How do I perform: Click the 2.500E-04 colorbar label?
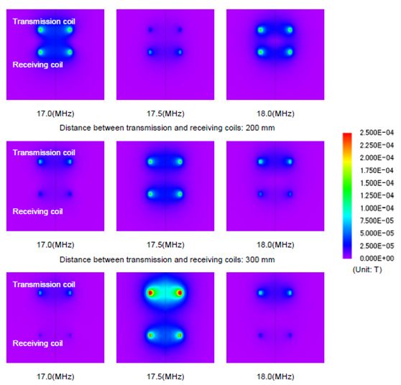coord(377,133)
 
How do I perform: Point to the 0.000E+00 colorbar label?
coord(377,259)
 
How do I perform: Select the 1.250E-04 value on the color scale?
coord(377,195)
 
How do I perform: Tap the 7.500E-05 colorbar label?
coord(377,221)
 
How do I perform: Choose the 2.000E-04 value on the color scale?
coord(377,158)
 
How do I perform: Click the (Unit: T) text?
coord(367,269)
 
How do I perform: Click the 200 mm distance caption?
coord(167,128)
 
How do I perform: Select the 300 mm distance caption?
coord(167,260)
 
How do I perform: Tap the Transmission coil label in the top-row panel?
coord(44,22)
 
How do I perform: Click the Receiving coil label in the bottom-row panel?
coord(37,343)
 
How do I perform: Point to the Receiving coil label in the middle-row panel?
coord(37,212)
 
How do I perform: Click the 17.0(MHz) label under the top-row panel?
coord(55,113)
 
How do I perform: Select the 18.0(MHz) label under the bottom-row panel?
coord(275,376)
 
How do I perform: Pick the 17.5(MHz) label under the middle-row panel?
coord(165,245)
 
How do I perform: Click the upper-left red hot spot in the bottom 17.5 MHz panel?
coord(151,293)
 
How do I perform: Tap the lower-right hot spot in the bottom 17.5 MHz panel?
coord(180,335)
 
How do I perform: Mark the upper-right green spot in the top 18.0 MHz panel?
coord(290,30)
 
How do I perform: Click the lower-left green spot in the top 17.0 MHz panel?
coord(40,52)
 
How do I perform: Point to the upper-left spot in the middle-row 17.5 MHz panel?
coord(151,162)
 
